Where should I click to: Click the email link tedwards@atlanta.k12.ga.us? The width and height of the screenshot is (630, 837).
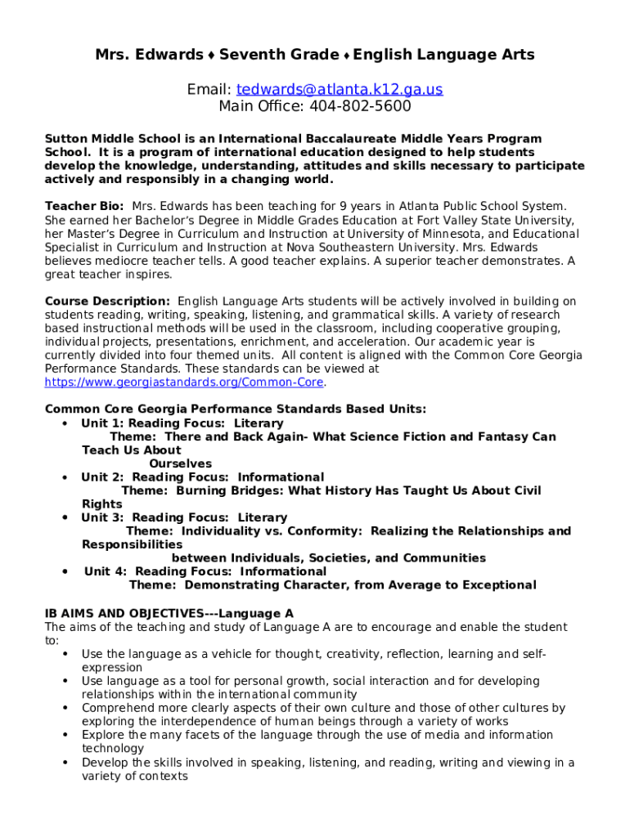click(340, 89)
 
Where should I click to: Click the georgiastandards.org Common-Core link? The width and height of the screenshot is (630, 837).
click(185, 383)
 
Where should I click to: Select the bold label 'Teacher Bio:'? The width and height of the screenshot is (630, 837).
click(84, 207)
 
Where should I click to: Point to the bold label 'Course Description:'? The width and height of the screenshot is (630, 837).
click(107, 302)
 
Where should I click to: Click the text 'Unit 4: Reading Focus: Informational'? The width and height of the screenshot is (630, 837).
click(205, 571)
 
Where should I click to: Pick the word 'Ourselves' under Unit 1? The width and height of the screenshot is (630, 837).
click(180, 463)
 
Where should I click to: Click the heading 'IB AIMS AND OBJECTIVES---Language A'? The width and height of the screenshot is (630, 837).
click(169, 613)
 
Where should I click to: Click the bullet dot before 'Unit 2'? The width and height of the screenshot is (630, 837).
click(64, 477)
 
